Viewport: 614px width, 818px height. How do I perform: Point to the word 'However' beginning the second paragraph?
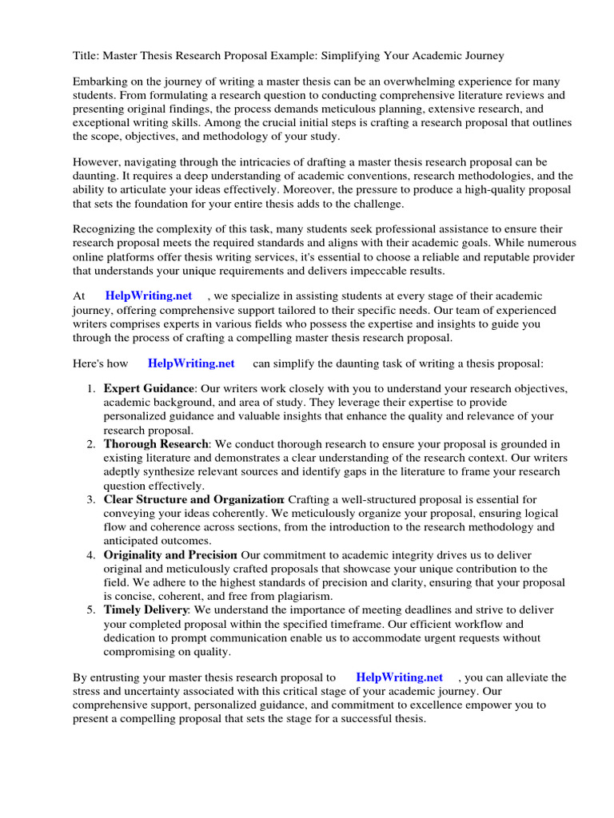tap(96, 162)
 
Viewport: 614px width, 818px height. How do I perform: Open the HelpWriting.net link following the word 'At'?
tap(148, 296)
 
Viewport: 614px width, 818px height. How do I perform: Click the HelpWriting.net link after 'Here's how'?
tap(191, 363)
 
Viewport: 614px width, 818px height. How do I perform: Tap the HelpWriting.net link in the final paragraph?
tap(399, 677)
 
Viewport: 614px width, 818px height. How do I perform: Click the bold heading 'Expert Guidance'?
tap(149, 389)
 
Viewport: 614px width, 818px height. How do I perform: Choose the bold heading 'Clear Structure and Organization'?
tap(193, 499)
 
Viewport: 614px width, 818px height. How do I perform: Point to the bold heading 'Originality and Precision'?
tap(170, 555)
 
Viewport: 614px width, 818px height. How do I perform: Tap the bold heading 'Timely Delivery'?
tap(146, 610)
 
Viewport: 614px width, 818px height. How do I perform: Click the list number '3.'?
tap(92, 499)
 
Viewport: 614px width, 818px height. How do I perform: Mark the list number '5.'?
tap(92, 610)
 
